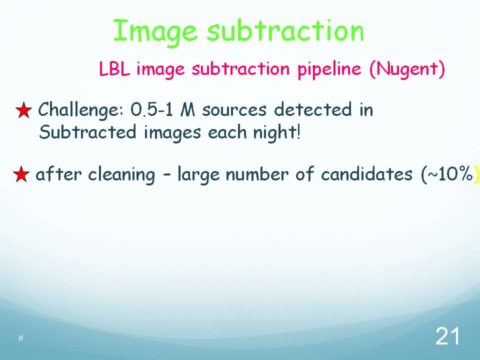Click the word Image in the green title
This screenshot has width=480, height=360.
click(x=155, y=32)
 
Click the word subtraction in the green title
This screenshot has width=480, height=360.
click(x=285, y=30)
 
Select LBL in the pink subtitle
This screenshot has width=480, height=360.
click(x=114, y=69)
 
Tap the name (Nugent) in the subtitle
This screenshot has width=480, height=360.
click(x=407, y=70)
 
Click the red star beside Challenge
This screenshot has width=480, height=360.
click(x=23, y=110)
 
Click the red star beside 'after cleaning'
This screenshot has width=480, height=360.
click(x=21, y=174)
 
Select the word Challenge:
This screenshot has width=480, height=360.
click(x=81, y=110)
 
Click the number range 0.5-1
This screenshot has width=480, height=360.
click(x=152, y=109)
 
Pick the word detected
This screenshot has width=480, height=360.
click(x=313, y=109)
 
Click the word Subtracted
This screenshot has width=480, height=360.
click(x=87, y=132)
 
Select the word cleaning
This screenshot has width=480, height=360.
click(x=121, y=175)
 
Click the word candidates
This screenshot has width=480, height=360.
click(x=366, y=174)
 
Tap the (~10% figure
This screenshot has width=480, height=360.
click(x=447, y=174)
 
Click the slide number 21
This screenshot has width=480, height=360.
click(x=447, y=336)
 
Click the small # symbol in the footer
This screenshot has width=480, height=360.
click(x=20, y=338)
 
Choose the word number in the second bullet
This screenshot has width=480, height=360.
click(x=257, y=174)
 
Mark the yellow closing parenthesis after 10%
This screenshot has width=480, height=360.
click(x=476, y=175)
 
